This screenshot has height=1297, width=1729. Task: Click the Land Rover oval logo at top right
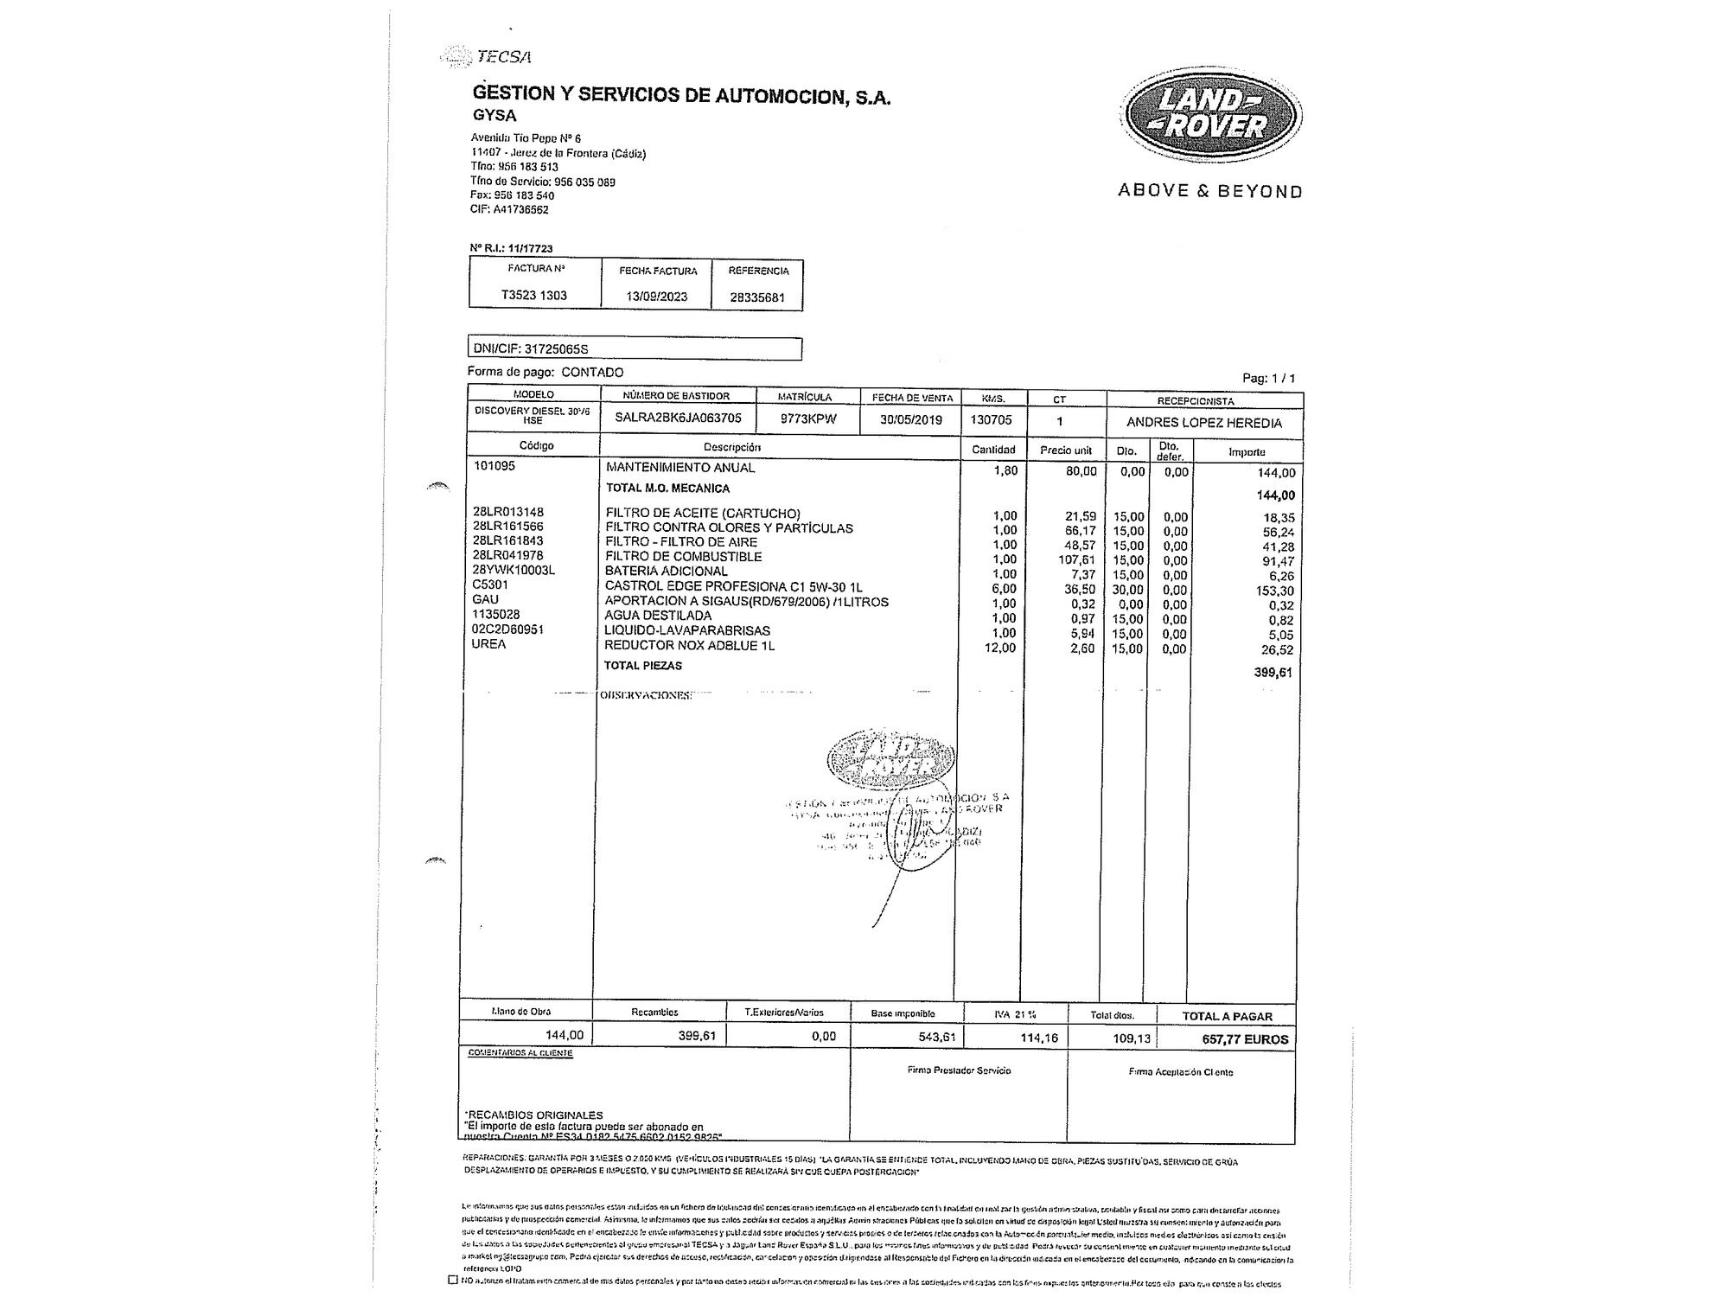tap(1209, 116)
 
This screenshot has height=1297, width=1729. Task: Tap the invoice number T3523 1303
tap(534, 295)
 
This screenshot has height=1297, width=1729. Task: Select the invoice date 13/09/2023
tap(657, 297)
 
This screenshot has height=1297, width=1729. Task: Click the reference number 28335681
tap(757, 297)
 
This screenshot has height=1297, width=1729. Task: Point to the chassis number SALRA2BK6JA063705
tap(678, 418)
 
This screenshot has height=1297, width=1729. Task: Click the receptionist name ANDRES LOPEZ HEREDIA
tap(1203, 423)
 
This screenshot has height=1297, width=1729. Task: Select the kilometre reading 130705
tap(993, 420)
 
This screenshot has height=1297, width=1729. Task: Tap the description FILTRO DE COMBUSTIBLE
tap(684, 557)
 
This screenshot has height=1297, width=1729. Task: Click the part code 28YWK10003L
tap(514, 570)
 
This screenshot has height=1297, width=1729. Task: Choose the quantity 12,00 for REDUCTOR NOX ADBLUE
tap(1000, 648)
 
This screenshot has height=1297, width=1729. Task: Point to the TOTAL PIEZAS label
tap(643, 666)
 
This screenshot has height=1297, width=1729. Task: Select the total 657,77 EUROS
tap(1245, 1039)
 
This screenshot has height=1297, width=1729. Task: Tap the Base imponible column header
tap(903, 1013)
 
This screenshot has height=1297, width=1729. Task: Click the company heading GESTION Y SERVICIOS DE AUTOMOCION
tap(681, 95)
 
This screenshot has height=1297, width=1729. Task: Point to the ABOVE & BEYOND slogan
tap(1209, 191)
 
